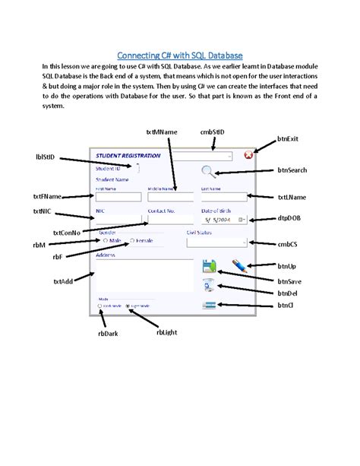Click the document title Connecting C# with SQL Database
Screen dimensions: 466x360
click(179, 55)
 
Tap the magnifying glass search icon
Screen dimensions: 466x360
click(208, 172)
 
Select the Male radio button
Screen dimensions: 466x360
click(105, 240)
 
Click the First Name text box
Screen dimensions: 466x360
click(118, 197)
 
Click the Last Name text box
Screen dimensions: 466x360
click(223, 197)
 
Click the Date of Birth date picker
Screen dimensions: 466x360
click(223, 219)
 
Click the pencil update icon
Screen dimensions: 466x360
click(238, 266)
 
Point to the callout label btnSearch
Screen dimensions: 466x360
click(292, 170)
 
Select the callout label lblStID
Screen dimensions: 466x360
click(46, 157)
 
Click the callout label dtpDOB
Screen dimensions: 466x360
click(291, 219)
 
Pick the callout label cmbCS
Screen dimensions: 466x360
click(289, 244)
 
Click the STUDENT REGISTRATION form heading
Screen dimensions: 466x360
click(126, 156)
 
